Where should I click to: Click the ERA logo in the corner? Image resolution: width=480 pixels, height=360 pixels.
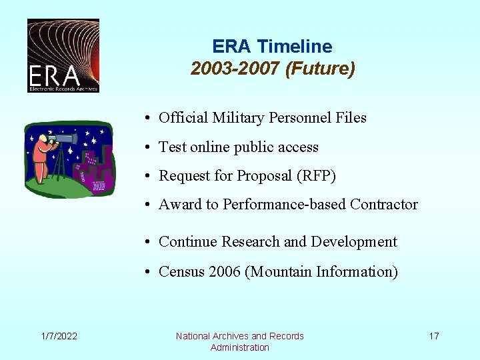point(63,55)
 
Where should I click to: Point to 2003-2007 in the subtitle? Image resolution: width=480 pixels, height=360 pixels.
point(235,69)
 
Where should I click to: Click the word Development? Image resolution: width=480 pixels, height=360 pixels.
point(354,242)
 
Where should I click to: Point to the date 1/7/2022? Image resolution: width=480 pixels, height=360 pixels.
point(58,336)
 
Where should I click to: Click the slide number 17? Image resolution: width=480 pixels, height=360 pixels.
point(433,336)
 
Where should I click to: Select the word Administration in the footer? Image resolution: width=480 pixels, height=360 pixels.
point(240,347)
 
